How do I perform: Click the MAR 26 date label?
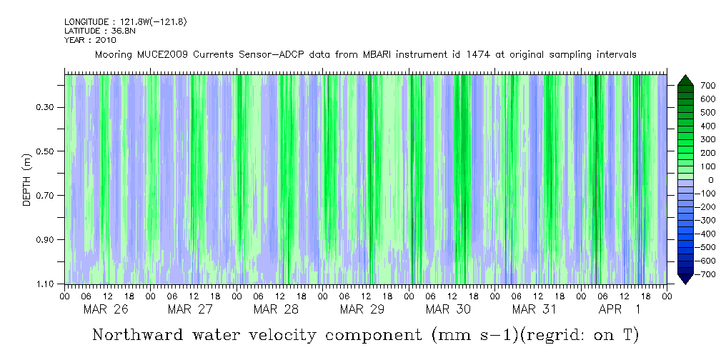[105, 309]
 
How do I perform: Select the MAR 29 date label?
[362, 309]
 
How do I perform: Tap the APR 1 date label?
[619, 309]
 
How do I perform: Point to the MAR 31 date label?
[534, 309]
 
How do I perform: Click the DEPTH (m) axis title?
[27, 179]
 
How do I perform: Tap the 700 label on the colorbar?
[687, 86]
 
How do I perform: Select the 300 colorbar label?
[687, 140]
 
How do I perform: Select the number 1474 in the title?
[475, 55]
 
